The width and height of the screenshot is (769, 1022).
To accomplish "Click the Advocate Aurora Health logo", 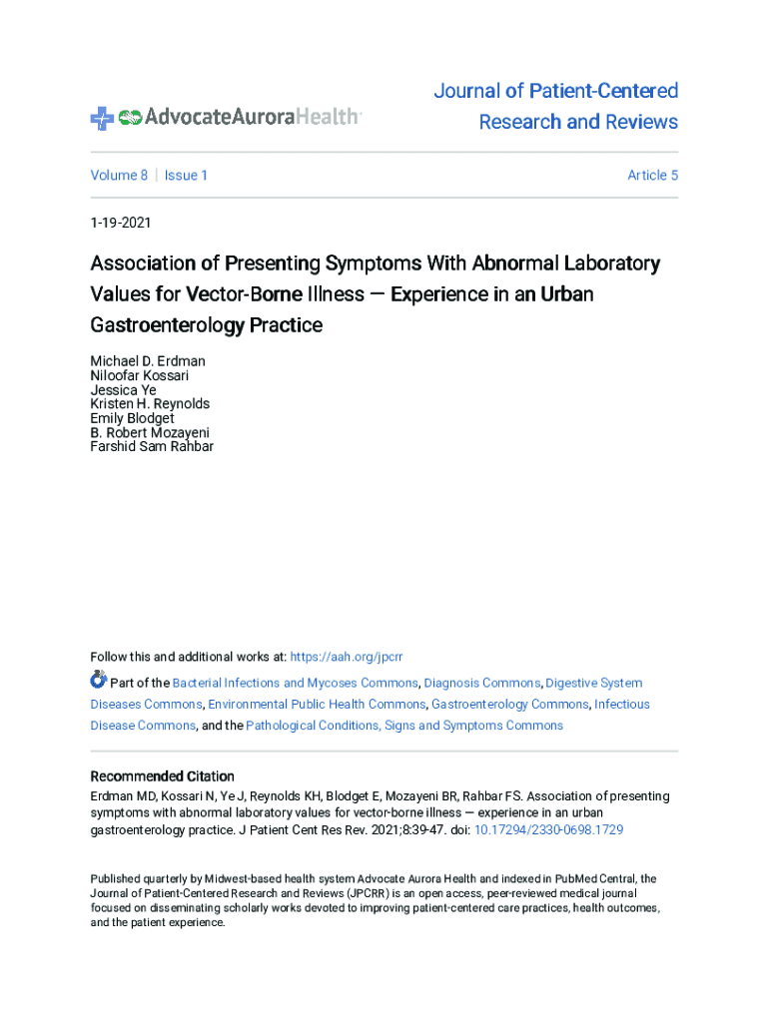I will coord(225,117).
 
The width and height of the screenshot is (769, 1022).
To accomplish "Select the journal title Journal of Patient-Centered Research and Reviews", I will coord(556,107).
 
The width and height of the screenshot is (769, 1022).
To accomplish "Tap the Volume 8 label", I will coord(119,176).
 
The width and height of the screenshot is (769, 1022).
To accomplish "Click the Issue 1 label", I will coord(186,176).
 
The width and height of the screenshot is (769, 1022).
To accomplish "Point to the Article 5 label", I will coord(652,176).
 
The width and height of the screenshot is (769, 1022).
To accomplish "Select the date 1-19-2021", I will coord(121,224).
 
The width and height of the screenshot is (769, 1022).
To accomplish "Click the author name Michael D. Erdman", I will coord(148,361).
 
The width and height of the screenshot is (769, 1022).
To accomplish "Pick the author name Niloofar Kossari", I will coord(140,376).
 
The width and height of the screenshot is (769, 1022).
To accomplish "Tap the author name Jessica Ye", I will coord(123,390).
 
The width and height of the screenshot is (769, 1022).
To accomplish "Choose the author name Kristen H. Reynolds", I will coord(150,404).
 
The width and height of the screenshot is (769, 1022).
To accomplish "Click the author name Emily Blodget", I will coord(132,419).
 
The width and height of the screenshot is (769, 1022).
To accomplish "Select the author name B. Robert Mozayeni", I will coord(150,433).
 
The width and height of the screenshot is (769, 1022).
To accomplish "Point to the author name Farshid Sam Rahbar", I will coord(152,447).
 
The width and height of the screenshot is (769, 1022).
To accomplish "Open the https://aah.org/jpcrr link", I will coord(345,657).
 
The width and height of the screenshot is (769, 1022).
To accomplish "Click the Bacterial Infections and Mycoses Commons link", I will coord(295,684).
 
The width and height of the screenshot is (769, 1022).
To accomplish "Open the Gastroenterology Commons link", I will coord(509,705).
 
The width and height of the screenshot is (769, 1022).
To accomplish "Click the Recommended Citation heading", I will coord(163,776).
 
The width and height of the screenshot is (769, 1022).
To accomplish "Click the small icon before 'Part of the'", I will coord(98,681).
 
